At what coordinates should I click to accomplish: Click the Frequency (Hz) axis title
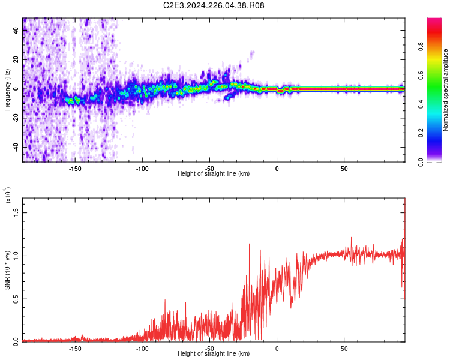tap(7, 90)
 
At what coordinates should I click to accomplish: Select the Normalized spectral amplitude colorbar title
tap(445, 90)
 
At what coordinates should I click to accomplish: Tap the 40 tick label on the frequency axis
tap(16, 31)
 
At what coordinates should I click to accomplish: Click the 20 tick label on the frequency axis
tap(16, 60)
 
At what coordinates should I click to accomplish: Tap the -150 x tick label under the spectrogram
tap(75, 169)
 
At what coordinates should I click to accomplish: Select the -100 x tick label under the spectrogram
tap(142, 169)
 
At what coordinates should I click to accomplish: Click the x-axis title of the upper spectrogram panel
tap(214, 174)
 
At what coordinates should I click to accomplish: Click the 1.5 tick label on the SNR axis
tap(16, 212)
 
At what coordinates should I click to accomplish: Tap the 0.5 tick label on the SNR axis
tap(16, 298)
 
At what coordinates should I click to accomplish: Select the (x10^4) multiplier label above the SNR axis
tap(8, 195)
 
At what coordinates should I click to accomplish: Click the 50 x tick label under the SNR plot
tap(344, 348)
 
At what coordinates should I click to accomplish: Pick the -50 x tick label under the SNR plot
tap(209, 348)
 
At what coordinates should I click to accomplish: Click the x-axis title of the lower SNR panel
tap(214, 354)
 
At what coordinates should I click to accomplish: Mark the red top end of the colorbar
tap(434, 21)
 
